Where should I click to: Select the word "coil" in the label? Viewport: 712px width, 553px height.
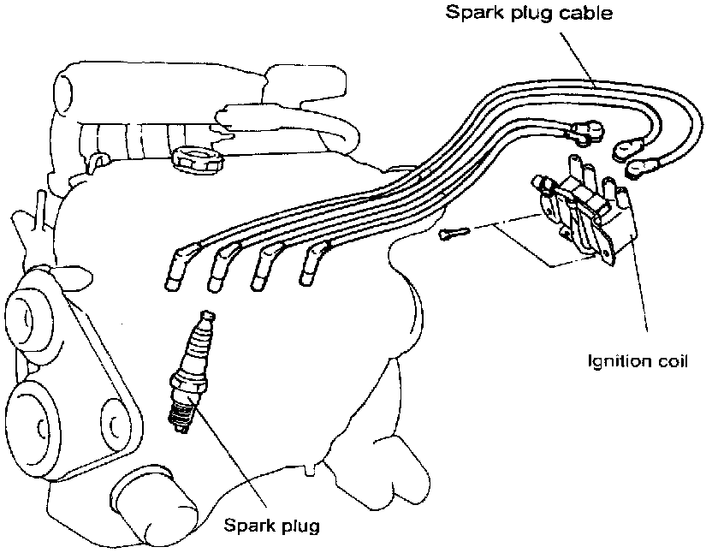pos(672,360)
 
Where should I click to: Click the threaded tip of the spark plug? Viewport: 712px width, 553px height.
pos(181,418)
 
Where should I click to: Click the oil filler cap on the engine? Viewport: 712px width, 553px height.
pos(197,158)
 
